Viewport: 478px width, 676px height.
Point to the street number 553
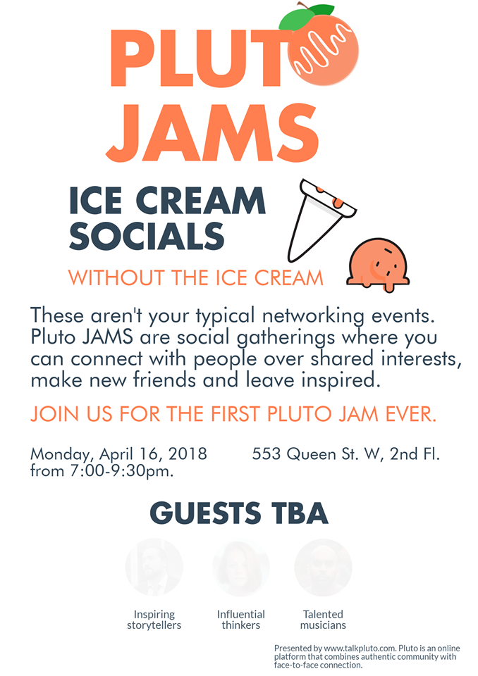pyautogui.click(x=266, y=454)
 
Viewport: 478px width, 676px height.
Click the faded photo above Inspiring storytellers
pyautogui.click(x=154, y=567)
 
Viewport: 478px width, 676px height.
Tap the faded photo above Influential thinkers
pyautogui.click(x=241, y=567)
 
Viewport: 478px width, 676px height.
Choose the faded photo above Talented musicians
pyautogui.click(x=322, y=567)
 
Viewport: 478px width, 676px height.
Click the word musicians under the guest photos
pyautogui.click(x=323, y=625)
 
